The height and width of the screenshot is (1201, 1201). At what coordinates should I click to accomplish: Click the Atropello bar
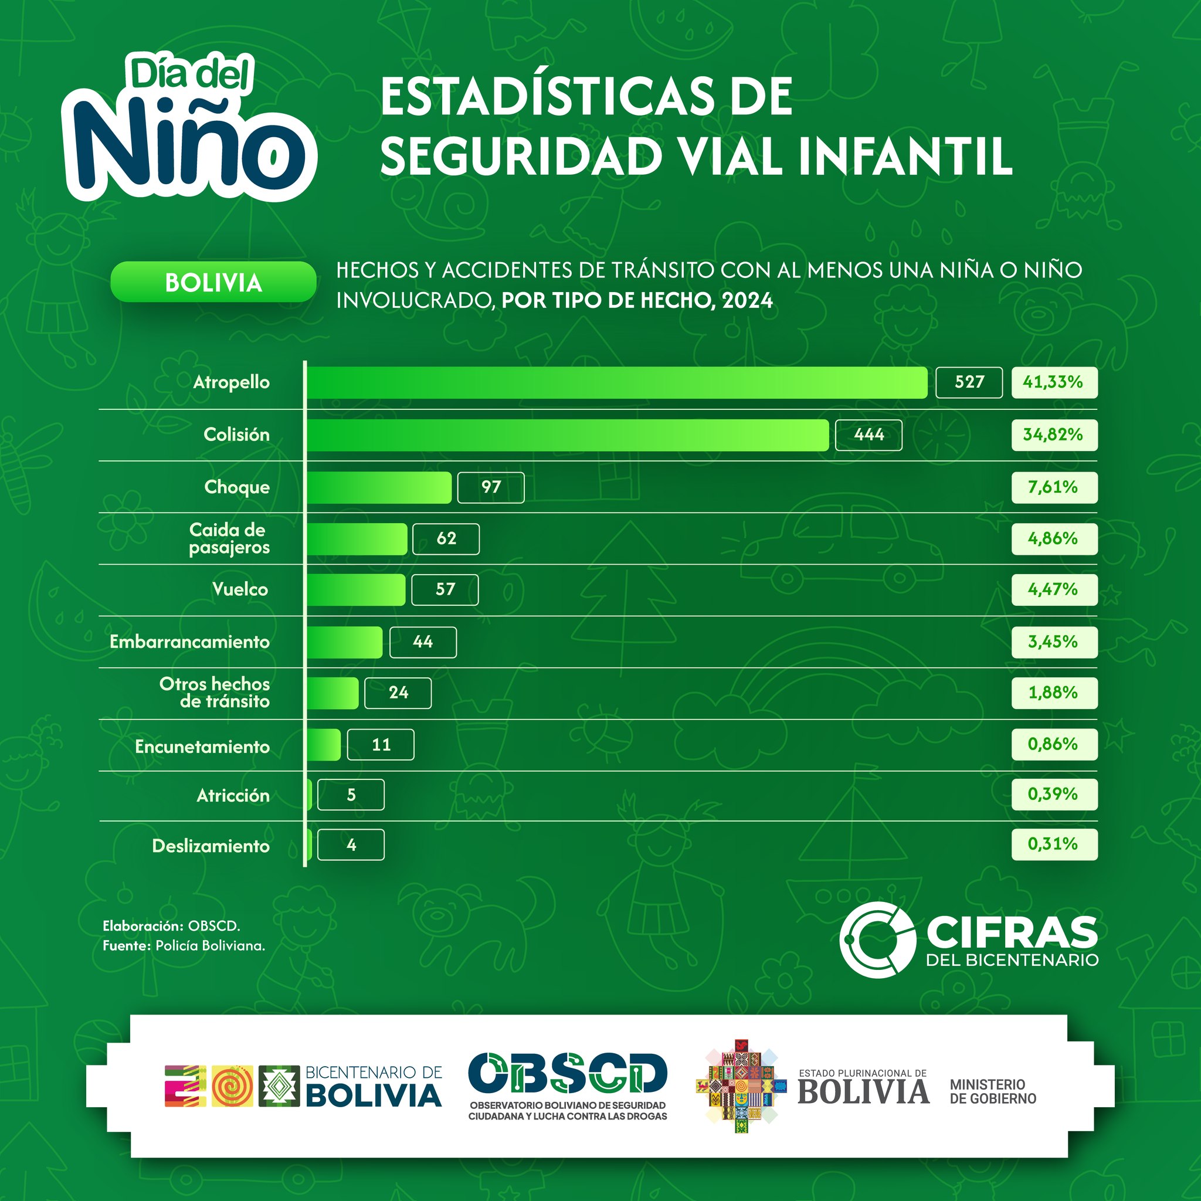coord(617,382)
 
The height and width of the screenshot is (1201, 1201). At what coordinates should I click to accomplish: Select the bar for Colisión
coord(568,435)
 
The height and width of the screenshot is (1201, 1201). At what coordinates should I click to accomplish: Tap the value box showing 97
coord(490,487)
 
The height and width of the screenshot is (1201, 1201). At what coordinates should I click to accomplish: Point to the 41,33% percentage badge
coord(1054,382)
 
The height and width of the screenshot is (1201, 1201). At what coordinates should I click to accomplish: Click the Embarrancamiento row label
coord(189,642)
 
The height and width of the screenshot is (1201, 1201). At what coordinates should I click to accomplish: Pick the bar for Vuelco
coord(356,590)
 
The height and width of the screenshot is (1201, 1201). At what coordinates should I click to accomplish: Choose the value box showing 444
coord(868,435)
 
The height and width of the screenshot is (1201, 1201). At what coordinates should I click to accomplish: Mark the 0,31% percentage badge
coord(1054,844)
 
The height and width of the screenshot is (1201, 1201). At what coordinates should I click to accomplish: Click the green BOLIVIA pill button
coord(213,283)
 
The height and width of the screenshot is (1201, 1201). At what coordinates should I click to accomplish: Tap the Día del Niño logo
coord(189,127)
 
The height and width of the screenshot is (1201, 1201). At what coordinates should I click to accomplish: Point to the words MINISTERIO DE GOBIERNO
coord(993,1091)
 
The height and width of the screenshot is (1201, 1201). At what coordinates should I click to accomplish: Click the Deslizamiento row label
coord(211,846)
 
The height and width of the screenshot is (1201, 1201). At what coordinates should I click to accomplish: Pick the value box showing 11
coord(381,745)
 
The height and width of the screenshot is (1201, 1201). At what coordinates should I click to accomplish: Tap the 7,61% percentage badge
coord(1054,487)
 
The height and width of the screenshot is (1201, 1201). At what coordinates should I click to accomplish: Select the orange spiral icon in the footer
coord(232,1086)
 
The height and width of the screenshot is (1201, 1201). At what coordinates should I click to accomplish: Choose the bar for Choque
coord(379,487)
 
